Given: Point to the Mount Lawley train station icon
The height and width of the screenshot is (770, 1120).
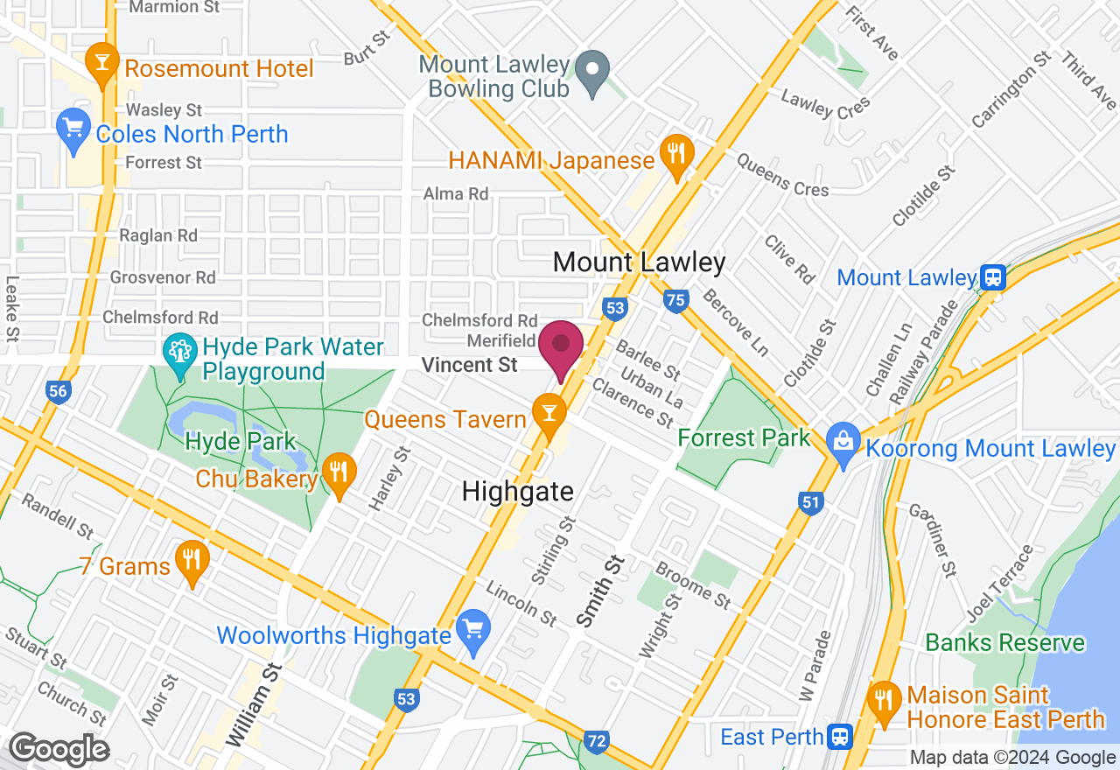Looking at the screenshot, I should pyautogui.click(x=993, y=278).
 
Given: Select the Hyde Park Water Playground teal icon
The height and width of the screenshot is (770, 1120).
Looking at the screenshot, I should pyautogui.click(x=180, y=353).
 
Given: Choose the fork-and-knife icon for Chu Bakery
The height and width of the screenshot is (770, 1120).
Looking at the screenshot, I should pyautogui.click(x=338, y=472).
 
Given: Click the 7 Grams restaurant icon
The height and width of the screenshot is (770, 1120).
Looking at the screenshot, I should pyautogui.click(x=191, y=560).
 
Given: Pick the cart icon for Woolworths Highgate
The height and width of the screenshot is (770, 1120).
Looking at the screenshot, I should pyautogui.click(x=473, y=629).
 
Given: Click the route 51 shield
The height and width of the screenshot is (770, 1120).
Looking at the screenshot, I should pyautogui.click(x=810, y=502).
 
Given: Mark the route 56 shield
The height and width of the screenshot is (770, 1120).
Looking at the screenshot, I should pyautogui.click(x=58, y=391).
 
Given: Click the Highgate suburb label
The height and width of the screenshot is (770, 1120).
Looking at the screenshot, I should pyautogui.click(x=518, y=492).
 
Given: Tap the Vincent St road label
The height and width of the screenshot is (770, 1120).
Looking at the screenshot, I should pyautogui.click(x=470, y=365).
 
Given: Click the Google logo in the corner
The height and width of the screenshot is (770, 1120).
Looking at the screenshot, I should pyautogui.click(x=59, y=750).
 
